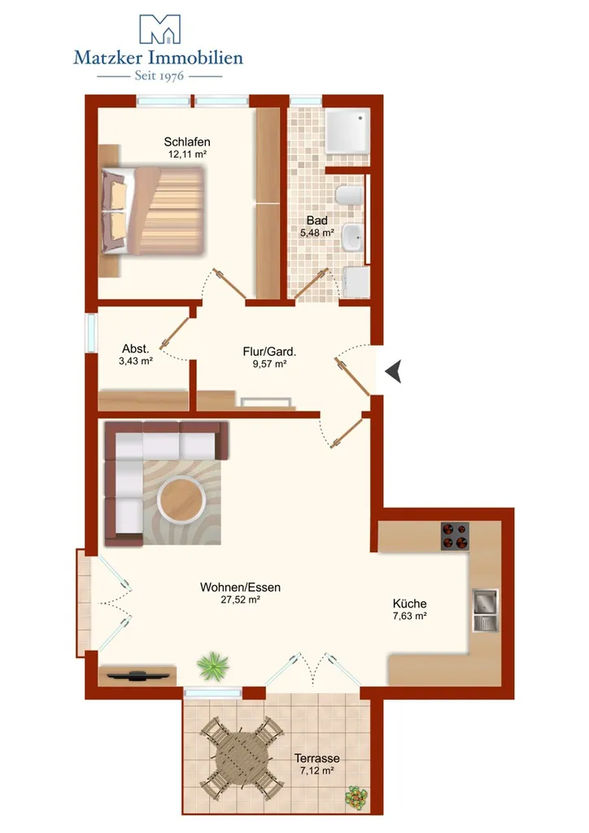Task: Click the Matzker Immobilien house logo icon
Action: pos(159,28)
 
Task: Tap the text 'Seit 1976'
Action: pos(159,76)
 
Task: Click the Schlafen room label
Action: pos(187,142)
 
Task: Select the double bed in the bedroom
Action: pos(151,211)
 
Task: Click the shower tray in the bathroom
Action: pos(347,131)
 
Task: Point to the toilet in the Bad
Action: pos(349,195)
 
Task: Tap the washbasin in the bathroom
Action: pos(351,238)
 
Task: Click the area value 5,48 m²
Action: pos(317,232)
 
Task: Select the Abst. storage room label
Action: pos(135,348)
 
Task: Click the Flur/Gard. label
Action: pos(269,351)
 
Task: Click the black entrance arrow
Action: pos(394,371)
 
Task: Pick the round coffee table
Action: pos(181,500)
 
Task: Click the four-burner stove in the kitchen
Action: pos(455,535)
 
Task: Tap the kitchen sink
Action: pos(486,610)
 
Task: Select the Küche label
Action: pos(409,604)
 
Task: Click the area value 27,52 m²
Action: pos(240,600)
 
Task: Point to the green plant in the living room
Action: pos(212,665)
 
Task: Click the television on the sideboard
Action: pos(138,675)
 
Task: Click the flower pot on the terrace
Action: pos(356,797)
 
